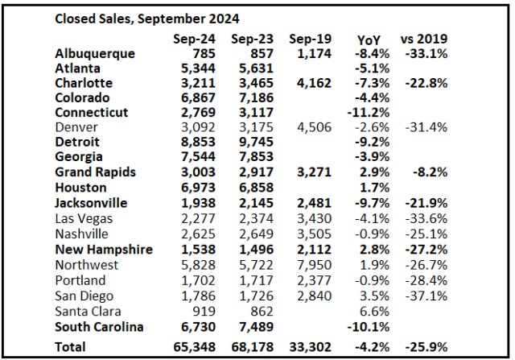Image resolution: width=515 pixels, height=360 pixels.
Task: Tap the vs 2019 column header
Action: point(425,39)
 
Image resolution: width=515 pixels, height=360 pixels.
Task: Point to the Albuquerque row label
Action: point(94,54)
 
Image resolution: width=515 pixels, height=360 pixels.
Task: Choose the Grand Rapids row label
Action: point(96,172)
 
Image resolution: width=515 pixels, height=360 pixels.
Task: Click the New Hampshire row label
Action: point(104,250)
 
